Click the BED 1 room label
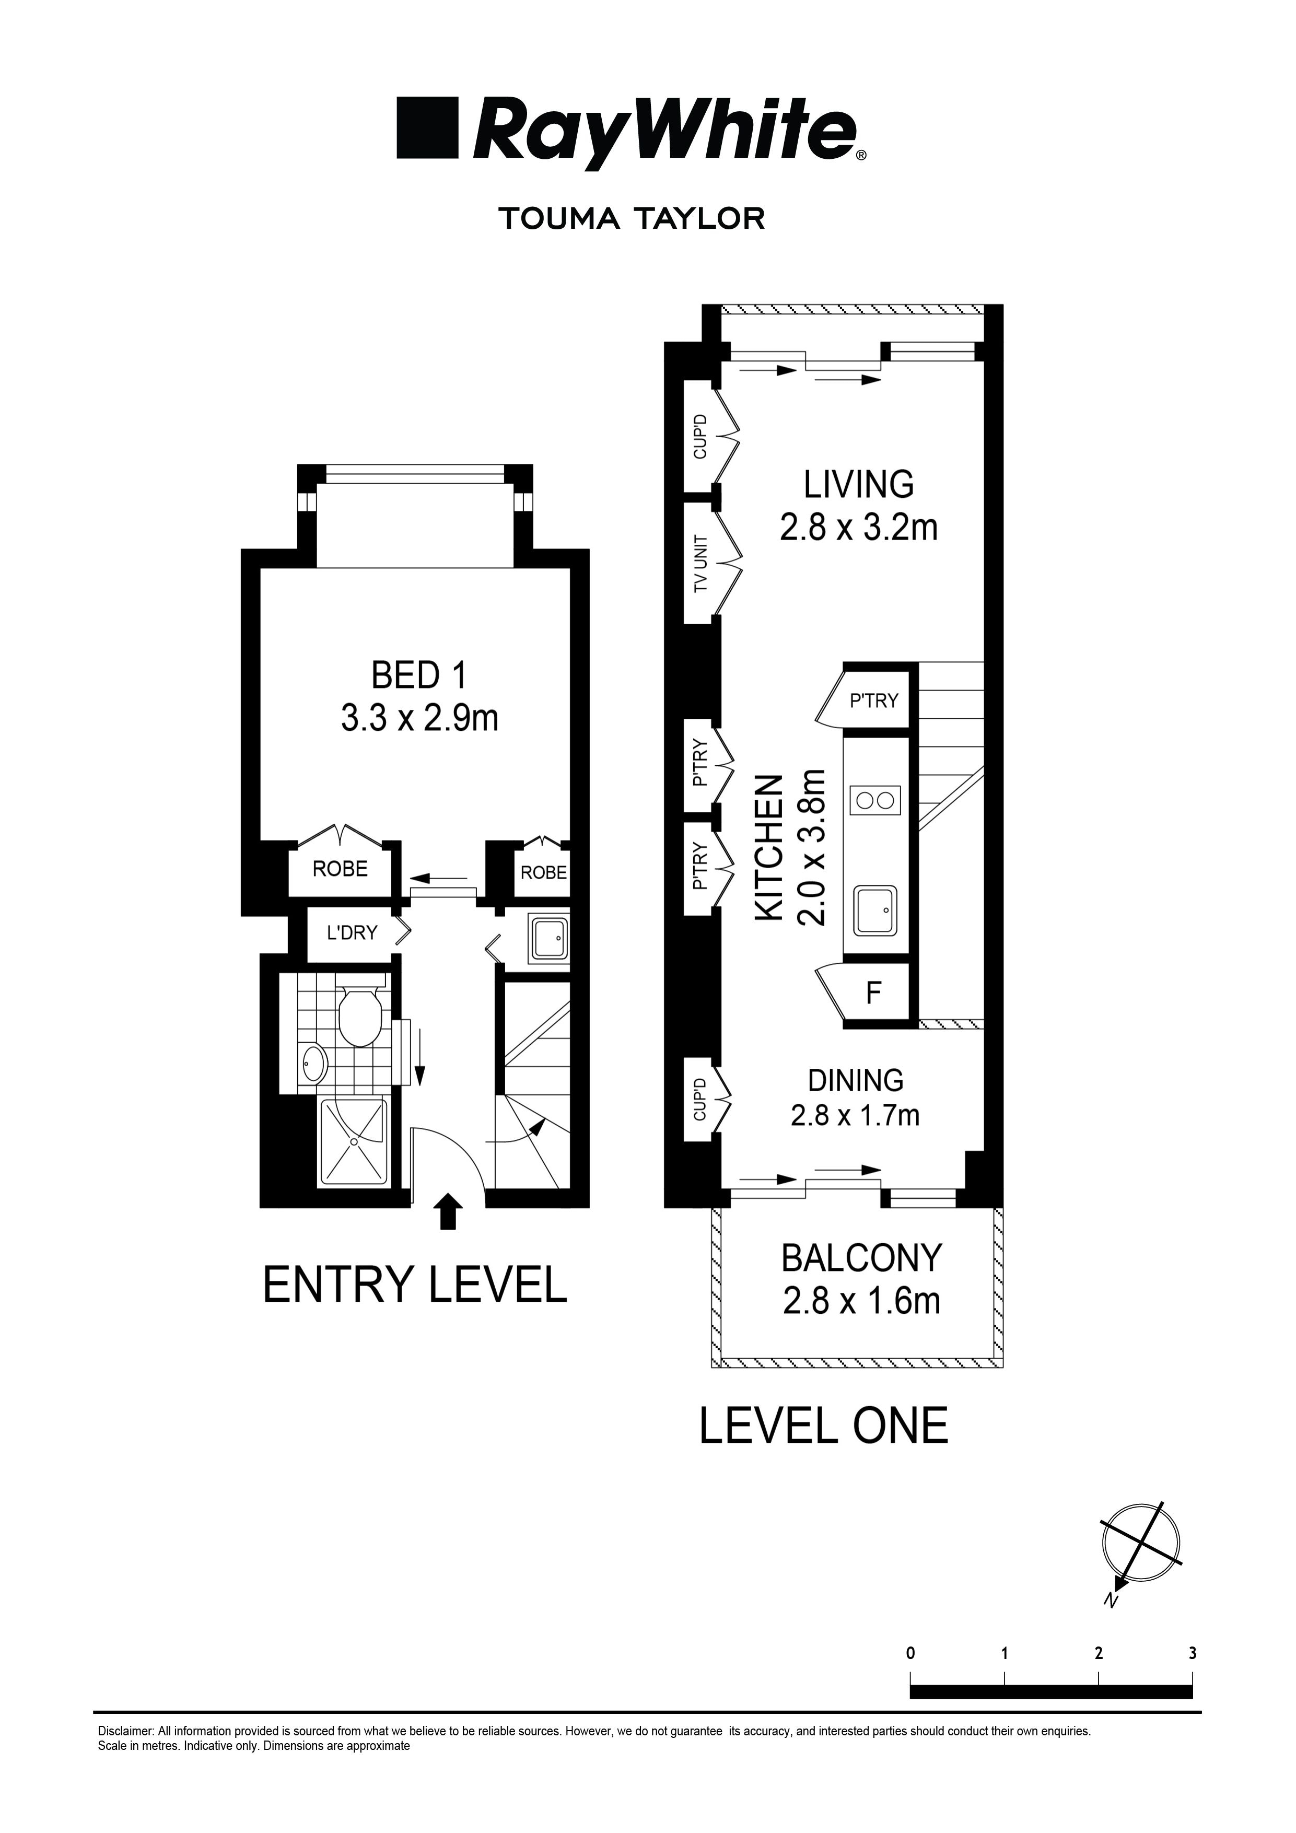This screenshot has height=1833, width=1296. [x=418, y=676]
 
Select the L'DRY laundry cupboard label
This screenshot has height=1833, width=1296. [x=352, y=932]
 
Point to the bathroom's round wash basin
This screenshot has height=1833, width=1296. [x=312, y=1063]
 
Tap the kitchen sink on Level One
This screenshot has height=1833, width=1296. [x=876, y=910]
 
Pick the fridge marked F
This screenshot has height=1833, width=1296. [x=873, y=993]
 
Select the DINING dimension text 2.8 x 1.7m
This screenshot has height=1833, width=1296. [x=855, y=1115]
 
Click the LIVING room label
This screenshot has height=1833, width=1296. [x=858, y=485]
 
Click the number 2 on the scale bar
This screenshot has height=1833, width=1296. [x=1099, y=1653]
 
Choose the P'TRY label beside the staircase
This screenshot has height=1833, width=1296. [x=873, y=701]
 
